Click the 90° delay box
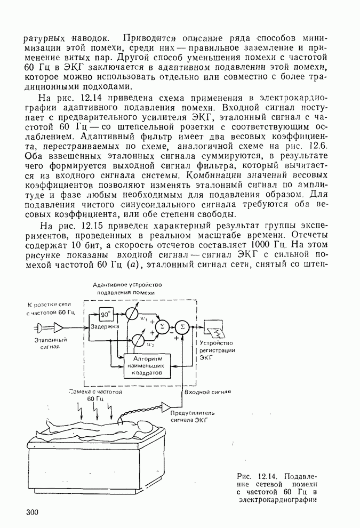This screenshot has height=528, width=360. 105,314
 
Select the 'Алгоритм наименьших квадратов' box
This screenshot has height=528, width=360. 146,366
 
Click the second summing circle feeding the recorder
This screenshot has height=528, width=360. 182,326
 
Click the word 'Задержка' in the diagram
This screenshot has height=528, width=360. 105,326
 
